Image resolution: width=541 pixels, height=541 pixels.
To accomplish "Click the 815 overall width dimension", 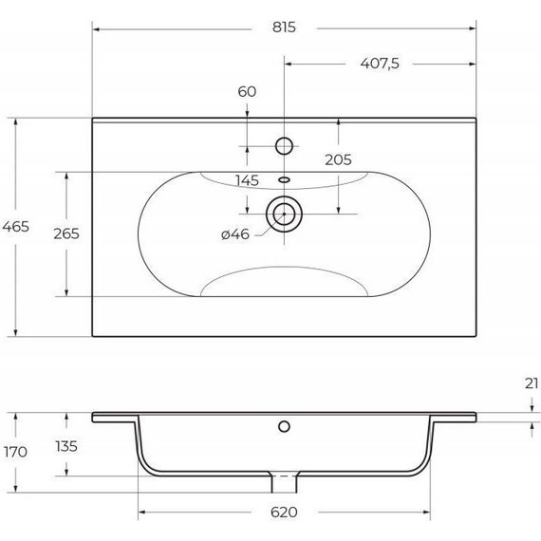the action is [284, 28].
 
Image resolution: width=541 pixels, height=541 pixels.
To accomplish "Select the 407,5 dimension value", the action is [380, 64].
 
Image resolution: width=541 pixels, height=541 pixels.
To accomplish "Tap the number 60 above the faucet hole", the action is [247, 92].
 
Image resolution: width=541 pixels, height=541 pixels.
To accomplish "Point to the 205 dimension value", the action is [338, 159].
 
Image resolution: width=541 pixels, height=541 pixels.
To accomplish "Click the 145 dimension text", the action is [247, 180].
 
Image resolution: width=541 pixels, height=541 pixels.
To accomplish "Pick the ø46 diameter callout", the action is [235, 234].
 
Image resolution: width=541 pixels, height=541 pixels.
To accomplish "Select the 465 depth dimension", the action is [15, 227].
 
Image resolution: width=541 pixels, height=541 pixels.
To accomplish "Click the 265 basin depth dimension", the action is [66, 233].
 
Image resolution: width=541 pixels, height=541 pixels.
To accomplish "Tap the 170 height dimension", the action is [15, 452].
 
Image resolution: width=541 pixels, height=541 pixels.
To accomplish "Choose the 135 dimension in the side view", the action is [66, 446].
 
